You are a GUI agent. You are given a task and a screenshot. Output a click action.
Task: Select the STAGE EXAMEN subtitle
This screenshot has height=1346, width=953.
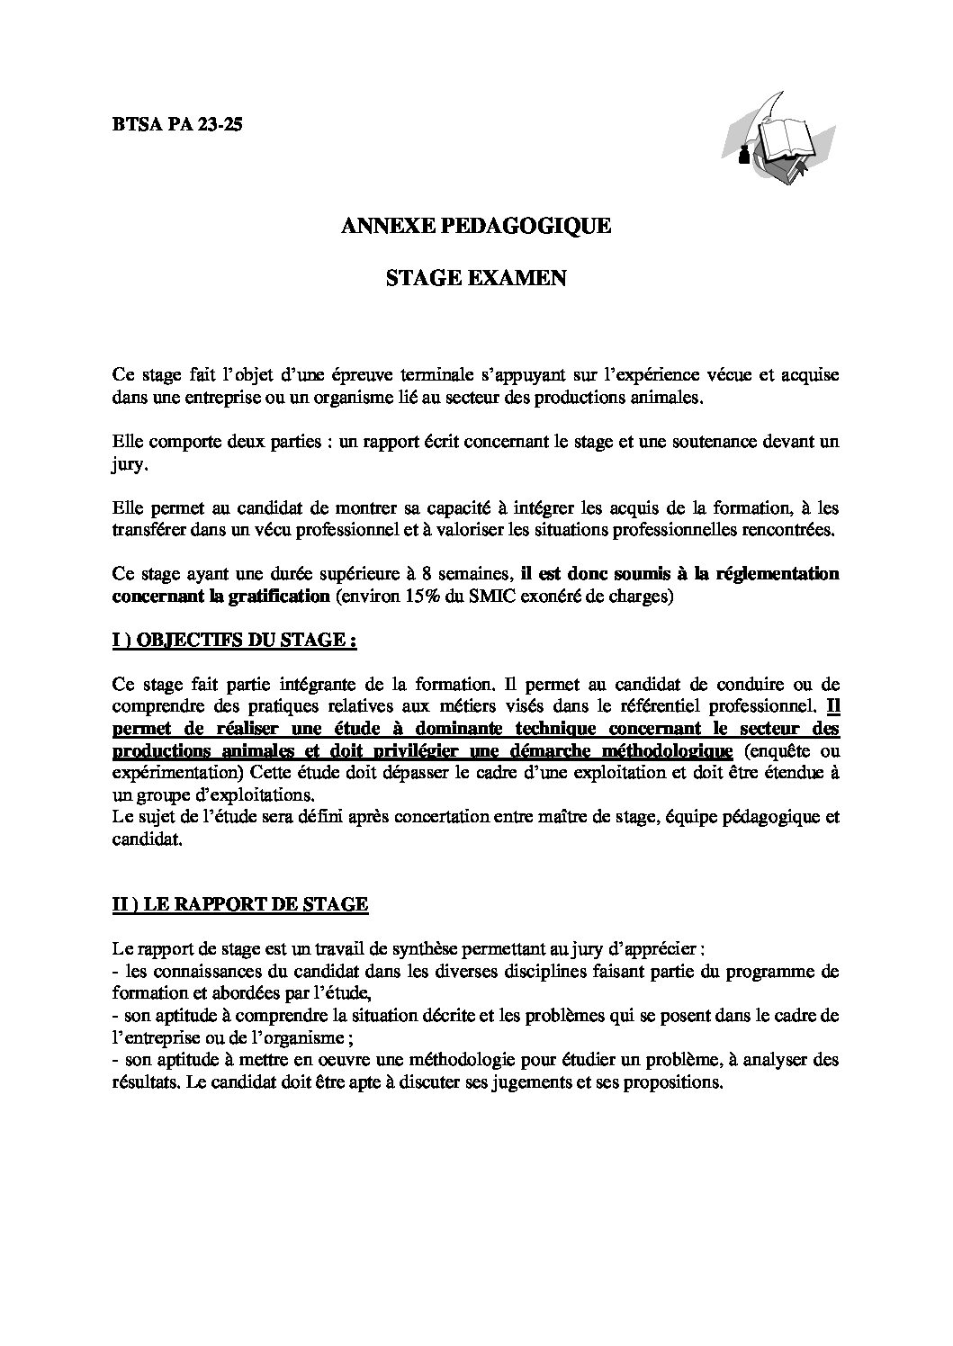[x=476, y=279]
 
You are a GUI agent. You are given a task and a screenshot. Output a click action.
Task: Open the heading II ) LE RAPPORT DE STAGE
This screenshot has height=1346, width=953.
[x=240, y=904]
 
